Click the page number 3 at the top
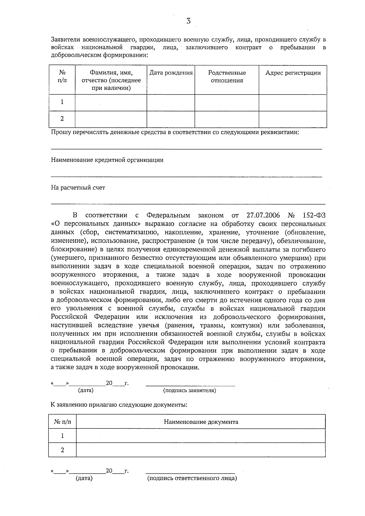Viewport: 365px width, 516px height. point(188,21)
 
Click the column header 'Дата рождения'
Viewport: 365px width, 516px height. point(171,73)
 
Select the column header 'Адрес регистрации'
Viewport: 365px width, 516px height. point(293,73)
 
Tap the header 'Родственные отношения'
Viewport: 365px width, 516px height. point(227,77)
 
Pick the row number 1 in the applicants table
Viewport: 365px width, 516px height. point(62,102)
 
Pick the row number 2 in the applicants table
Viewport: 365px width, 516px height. point(62,119)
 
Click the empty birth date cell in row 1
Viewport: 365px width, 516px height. point(171,102)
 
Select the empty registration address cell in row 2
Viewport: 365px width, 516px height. point(293,119)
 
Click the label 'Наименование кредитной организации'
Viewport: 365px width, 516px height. point(107,160)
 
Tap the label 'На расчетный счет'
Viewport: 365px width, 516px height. point(78,188)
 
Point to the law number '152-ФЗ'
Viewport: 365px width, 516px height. point(314,216)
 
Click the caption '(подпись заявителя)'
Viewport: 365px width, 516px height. point(190,390)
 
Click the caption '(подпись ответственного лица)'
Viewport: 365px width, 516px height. point(192,478)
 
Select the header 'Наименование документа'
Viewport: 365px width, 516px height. point(201,422)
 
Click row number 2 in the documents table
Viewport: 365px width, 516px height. point(62,450)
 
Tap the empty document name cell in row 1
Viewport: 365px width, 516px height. point(201,436)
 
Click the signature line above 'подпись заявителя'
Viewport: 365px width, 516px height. point(190,385)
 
